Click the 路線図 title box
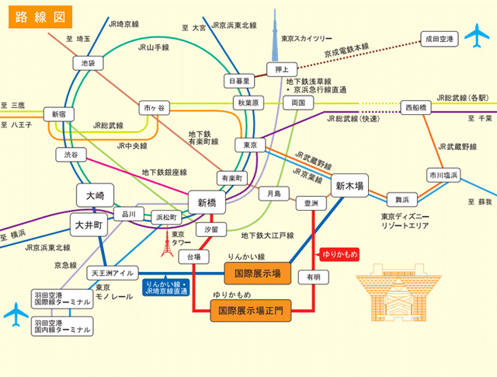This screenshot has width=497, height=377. (40, 17)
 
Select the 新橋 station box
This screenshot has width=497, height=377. (207, 202)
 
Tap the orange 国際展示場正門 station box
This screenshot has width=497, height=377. (251, 311)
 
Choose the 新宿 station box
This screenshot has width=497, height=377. (59, 114)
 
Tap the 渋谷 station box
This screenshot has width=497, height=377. (71, 155)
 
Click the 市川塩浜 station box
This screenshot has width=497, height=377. (443, 176)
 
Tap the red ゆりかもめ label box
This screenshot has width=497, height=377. (339, 253)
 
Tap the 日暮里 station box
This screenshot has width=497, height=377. (239, 81)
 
